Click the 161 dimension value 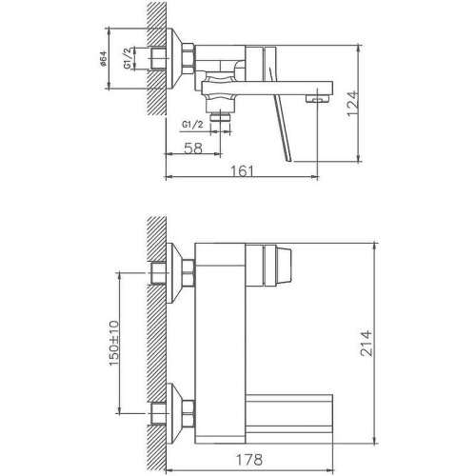(x=245, y=170)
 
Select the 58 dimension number (x=192, y=149)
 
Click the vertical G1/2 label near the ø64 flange (x=140, y=60)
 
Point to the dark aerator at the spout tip (x=314, y=98)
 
